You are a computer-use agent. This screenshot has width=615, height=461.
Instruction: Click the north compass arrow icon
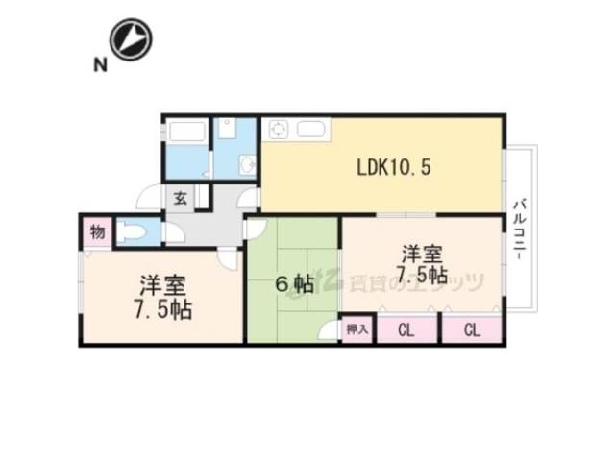[x=133, y=39]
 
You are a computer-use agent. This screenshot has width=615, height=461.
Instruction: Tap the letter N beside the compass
[x=98, y=65]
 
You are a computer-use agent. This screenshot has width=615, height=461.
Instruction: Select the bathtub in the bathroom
[x=186, y=133]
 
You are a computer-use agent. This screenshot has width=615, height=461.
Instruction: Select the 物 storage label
[x=97, y=230]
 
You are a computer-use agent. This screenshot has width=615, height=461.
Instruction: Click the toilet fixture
[x=135, y=232]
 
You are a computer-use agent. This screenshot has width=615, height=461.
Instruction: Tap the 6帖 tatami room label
[x=290, y=284]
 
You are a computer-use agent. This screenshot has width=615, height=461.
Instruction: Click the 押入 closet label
[x=357, y=329]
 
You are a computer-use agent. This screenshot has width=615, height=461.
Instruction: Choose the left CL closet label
[x=405, y=330]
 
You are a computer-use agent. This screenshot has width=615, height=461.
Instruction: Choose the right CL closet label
[x=471, y=330]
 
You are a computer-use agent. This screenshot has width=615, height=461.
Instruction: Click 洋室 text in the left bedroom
[x=161, y=285]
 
